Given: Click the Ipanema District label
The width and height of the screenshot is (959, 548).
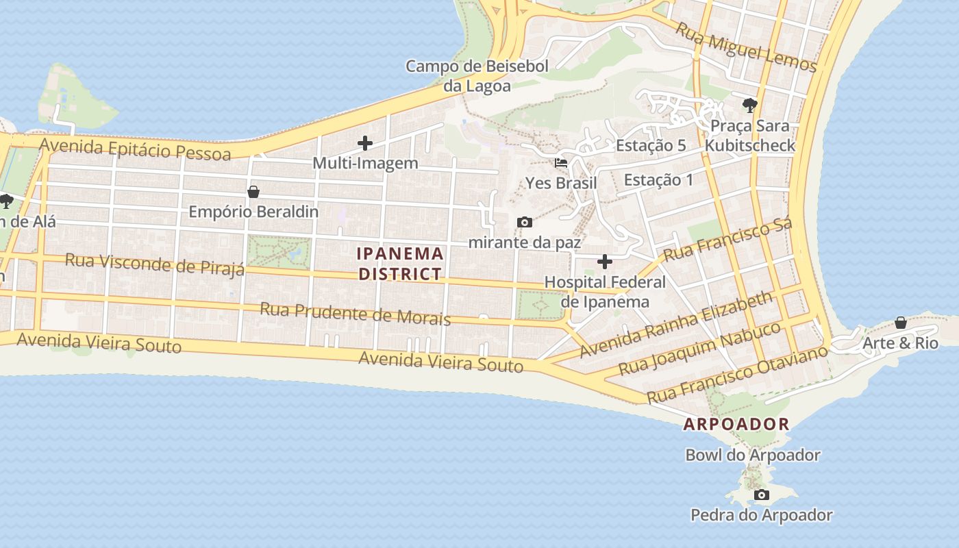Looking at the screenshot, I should [x=400, y=264].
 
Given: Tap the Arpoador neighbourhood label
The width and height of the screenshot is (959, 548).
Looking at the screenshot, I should [x=736, y=424].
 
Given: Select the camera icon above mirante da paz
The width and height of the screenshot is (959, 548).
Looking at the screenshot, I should [x=525, y=222].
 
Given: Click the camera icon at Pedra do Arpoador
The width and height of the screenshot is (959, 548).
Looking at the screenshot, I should [x=760, y=495].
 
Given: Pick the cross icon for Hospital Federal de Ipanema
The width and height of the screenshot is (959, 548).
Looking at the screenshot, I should [x=605, y=261].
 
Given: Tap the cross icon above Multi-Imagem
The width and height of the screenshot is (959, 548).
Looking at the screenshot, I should [x=365, y=143].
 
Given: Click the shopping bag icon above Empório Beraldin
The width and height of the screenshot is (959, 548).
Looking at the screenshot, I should [x=253, y=192].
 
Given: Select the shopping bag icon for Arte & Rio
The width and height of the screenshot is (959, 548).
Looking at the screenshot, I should [x=901, y=322].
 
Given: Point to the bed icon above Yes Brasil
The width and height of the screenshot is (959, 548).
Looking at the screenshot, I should [x=561, y=163].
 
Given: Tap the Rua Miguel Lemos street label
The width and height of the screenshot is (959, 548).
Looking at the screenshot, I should [x=746, y=47].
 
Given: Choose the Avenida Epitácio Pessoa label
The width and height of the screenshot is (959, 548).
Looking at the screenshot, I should [x=135, y=149].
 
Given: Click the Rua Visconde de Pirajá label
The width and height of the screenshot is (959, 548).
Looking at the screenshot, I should [x=154, y=264].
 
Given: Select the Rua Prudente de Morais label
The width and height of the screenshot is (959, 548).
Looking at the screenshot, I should [x=355, y=314].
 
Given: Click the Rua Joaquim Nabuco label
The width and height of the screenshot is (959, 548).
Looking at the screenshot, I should [x=699, y=349].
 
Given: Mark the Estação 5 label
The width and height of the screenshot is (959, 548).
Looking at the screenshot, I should [x=651, y=145].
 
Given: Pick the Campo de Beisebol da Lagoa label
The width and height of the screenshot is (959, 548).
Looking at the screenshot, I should [x=477, y=76].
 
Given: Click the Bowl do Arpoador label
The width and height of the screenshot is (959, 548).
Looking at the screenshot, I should [x=753, y=455].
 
